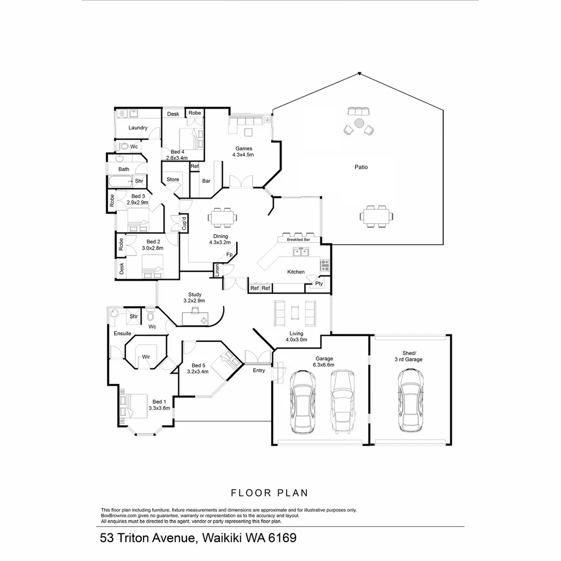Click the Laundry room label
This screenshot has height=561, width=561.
click(138, 128)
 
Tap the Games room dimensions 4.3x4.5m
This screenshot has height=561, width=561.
click(244, 154)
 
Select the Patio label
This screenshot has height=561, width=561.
click(361, 167)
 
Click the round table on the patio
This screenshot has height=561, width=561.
click(359, 123)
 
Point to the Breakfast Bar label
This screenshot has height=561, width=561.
click(298, 240)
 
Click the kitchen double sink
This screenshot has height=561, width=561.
click(301, 252)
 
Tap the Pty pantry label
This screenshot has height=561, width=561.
click(318, 284)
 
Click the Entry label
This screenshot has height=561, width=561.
click(259, 370)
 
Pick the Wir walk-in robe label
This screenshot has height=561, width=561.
click(146, 357)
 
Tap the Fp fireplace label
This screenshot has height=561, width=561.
click(229, 255)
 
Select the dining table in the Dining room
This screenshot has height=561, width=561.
click(222, 217)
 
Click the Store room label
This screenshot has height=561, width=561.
click(173, 180)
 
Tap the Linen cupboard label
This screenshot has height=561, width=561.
click(217, 270)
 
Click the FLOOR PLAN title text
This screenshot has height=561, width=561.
click(270, 492)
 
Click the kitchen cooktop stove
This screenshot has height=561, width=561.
click(325, 265)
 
